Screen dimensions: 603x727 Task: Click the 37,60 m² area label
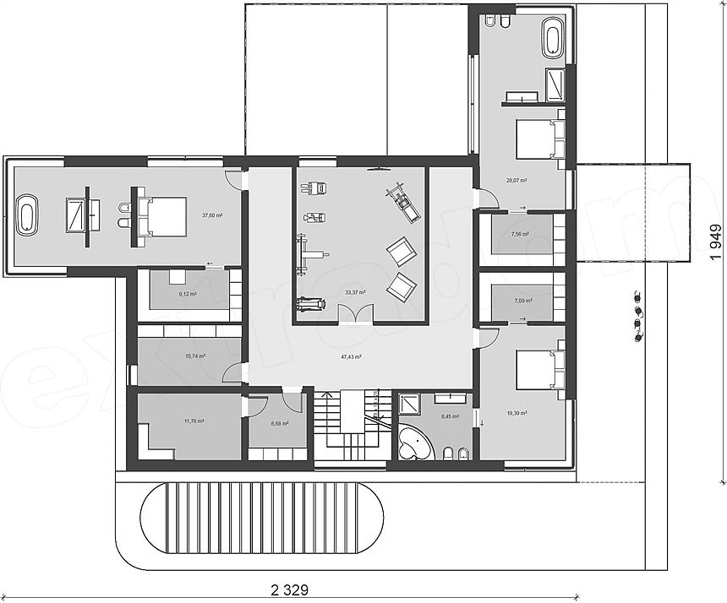[211, 215]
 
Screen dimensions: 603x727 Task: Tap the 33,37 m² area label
[355, 292]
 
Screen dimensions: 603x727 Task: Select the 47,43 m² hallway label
[351, 357]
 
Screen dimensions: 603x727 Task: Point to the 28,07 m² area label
[517, 180]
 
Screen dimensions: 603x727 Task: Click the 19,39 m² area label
[517, 413]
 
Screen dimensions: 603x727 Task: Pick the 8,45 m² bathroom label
[449, 416]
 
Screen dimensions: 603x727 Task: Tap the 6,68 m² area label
[278, 424]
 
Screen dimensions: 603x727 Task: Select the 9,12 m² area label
[187, 294]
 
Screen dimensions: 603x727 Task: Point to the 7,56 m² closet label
[520, 234]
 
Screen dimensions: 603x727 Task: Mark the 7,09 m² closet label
[523, 300]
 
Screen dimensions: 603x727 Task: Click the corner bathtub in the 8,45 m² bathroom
[414, 443]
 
